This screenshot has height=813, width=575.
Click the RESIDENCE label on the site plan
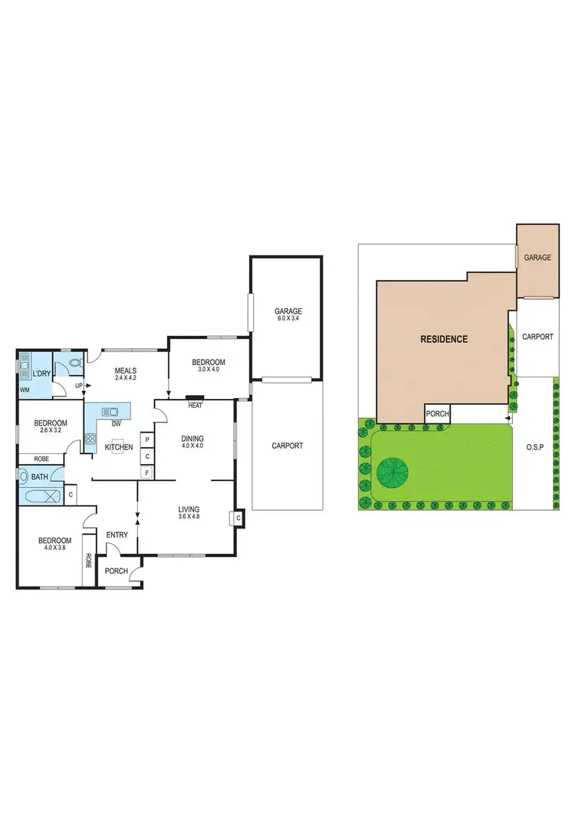point(443,338)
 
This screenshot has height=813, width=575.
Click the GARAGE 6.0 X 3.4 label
point(288,315)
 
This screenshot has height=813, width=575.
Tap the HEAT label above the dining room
point(195,405)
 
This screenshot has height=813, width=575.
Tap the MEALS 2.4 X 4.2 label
point(125,374)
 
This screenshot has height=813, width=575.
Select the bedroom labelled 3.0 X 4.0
point(209,366)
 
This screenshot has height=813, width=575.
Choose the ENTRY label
point(117,535)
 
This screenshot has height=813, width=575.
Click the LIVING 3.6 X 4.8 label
point(189,512)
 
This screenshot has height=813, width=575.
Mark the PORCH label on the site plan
point(438,415)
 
